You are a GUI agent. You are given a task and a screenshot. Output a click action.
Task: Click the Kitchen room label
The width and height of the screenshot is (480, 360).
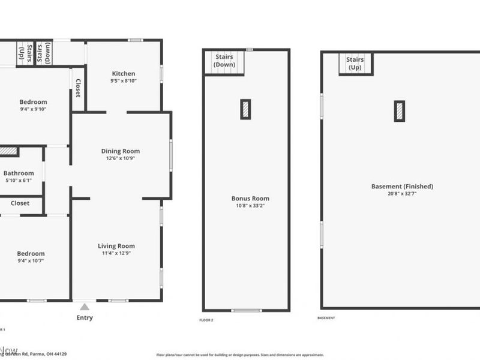click(x=124, y=74)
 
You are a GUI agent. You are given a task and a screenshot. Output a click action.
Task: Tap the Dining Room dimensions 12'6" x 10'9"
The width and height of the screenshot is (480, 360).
click(x=120, y=159)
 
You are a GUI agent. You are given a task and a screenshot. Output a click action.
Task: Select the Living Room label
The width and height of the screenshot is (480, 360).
click(x=116, y=245)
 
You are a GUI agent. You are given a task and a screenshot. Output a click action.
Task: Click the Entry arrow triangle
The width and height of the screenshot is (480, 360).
click(x=85, y=307)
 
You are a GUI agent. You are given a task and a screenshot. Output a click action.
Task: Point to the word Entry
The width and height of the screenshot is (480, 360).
click(x=85, y=317)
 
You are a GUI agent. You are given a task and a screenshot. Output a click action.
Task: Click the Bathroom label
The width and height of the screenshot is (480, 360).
click(x=19, y=173)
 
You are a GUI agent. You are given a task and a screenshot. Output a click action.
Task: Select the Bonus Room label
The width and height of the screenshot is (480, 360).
click(x=250, y=198)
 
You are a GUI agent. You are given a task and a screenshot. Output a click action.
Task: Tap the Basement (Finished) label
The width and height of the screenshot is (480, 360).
click(x=402, y=186)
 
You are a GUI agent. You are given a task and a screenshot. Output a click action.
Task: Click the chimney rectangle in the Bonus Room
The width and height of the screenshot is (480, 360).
click(x=245, y=109)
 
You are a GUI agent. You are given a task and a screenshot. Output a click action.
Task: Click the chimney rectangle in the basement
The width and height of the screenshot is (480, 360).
click(x=399, y=111)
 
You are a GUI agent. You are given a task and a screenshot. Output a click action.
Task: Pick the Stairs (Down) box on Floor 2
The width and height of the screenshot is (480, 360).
click(x=225, y=62)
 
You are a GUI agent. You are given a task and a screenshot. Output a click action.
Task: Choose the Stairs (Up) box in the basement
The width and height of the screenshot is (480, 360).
click(x=355, y=63)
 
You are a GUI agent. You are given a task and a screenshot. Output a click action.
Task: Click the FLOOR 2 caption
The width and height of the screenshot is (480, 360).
click(x=206, y=320)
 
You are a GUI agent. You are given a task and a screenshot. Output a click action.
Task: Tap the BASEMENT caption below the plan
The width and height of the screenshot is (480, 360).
click(x=326, y=317)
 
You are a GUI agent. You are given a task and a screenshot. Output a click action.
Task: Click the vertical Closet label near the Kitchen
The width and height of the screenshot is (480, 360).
click(x=77, y=88)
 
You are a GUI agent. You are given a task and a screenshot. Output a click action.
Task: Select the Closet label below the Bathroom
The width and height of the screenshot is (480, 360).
click(x=20, y=203)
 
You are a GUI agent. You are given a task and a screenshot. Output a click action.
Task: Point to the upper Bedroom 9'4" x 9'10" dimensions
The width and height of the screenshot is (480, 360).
click(x=32, y=109)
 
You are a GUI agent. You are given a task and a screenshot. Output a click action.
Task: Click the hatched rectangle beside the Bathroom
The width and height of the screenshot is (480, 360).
click(x=8, y=152)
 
